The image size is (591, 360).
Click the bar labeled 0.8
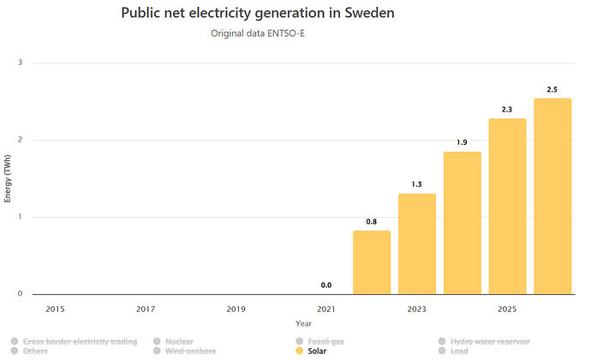(372, 262)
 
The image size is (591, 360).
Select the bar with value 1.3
(417, 243)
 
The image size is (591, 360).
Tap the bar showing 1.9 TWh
(463, 223)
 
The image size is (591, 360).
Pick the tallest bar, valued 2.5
(552, 196)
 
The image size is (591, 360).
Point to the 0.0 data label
(326, 285)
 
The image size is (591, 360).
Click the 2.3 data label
(507, 110)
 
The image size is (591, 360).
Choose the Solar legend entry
(311, 351)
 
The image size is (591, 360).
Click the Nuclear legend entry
(173, 341)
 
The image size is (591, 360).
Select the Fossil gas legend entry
(320, 341)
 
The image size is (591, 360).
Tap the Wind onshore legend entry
(185, 351)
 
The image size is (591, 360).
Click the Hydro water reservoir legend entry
(484, 341)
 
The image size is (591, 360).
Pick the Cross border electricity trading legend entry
(75, 341)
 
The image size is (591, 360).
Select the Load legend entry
(453, 351)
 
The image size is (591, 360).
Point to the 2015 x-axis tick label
(55, 309)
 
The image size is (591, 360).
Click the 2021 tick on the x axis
(326, 309)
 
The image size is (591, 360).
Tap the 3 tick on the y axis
(20, 63)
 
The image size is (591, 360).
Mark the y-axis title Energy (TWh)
(8, 178)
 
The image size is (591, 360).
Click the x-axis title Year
(303, 323)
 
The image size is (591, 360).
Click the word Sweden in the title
(369, 13)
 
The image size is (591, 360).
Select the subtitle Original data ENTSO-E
(258, 33)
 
